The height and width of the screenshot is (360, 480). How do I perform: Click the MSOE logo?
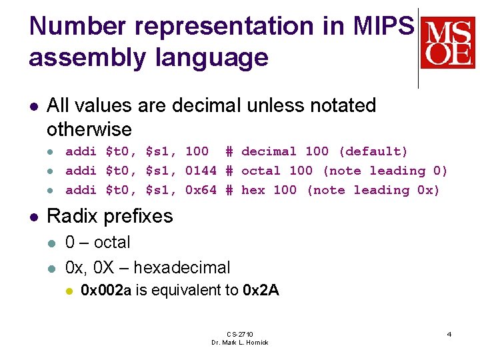click(x=447, y=43)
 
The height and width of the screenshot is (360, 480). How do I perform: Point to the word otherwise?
click(x=89, y=129)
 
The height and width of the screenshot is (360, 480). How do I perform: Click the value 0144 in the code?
click(x=201, y=171)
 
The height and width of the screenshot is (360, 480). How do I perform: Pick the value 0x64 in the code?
click(x=201, y=190)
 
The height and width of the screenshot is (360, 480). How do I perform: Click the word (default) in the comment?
click(x=373, y=151)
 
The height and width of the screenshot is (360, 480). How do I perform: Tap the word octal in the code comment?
click(x=261, y=171)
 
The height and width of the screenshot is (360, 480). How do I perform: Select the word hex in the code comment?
click(x=253, y=190)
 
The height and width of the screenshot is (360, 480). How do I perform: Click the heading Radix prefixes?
click(x=110, y=216)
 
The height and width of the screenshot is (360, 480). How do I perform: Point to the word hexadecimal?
click(x=181, y=268)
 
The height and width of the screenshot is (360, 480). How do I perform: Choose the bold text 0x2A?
click(x=261, y=290)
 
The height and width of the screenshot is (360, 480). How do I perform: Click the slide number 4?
click(x=449, y=334)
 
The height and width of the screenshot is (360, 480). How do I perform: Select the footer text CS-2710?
click(x=240, y=334)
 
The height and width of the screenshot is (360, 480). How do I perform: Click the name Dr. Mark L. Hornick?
click(x=240, y=342)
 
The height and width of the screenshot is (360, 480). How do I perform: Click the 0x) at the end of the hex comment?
click(x=429, y=190)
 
